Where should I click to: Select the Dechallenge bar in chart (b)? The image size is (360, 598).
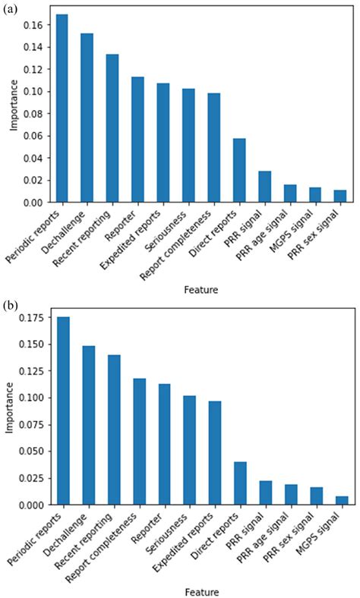point(88,425)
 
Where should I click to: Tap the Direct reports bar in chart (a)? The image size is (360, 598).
point(239,170)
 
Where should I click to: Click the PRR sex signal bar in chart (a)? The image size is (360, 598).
point(339,196)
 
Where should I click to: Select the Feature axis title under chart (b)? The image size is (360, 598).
point(201,591)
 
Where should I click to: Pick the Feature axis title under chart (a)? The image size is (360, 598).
point(201,289)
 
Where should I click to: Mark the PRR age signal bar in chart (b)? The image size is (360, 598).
point(289,494)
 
